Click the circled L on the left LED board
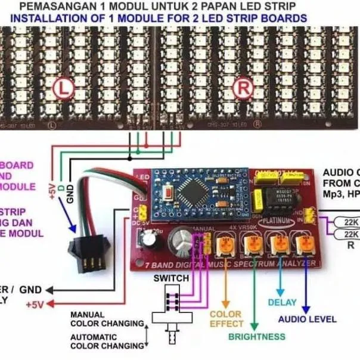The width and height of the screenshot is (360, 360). click(x=63, y=88)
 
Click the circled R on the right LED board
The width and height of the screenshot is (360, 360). click(x=244, y=87)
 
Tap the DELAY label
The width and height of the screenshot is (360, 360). click(x=282, y=303)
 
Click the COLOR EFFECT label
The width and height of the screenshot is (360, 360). click(x=226, y=319)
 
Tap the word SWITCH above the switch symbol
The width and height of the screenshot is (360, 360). click(x=172, y=278)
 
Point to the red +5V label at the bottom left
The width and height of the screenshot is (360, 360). click(x=35, y=305)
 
